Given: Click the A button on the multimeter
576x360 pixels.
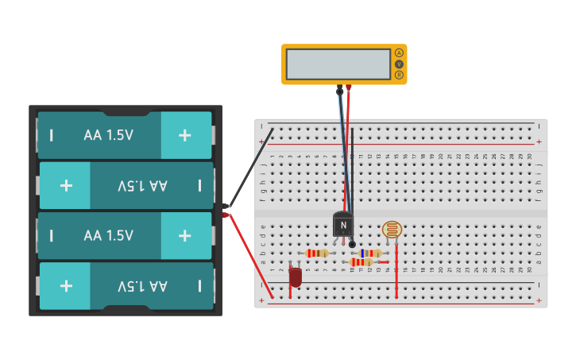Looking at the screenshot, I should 399,52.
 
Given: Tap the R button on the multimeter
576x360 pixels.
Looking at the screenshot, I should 399,75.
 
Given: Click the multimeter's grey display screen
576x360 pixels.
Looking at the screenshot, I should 338,64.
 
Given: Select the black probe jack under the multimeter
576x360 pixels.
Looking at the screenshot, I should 339,88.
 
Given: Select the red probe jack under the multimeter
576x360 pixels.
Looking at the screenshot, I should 348,88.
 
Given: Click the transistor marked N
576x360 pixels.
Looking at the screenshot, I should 343,224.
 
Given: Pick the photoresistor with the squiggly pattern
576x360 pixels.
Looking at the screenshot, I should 392,230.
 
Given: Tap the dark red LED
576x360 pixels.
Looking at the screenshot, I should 296,277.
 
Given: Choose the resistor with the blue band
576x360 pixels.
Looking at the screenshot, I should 368,254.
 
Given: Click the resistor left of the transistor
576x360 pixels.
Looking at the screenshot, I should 317,254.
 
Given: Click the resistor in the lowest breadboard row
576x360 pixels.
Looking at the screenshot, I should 361,262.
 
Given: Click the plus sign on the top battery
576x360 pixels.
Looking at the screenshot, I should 185,135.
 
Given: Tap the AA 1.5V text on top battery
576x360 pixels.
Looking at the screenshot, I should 108,135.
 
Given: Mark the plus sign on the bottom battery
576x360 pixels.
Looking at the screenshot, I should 66,286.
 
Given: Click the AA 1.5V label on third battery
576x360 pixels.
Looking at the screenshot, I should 108,236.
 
